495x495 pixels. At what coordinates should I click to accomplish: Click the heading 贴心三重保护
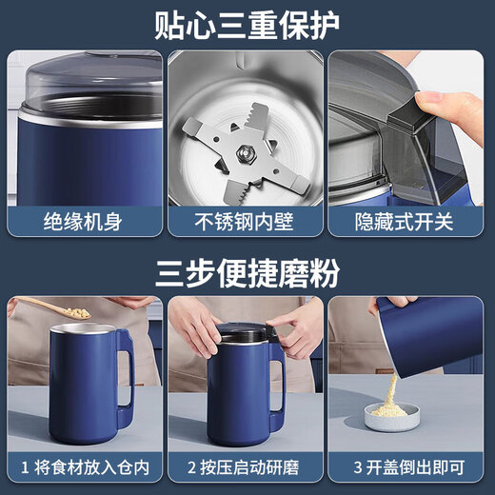pyautogui.click(x=247, y=23)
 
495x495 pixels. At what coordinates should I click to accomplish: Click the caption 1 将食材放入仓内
pyautogui.click(x=84, y=467)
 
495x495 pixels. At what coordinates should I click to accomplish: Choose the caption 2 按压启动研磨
pyautogui.click(x=247, y=467)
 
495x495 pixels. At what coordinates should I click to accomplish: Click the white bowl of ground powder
pyautogui.click(x=390, y=417)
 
